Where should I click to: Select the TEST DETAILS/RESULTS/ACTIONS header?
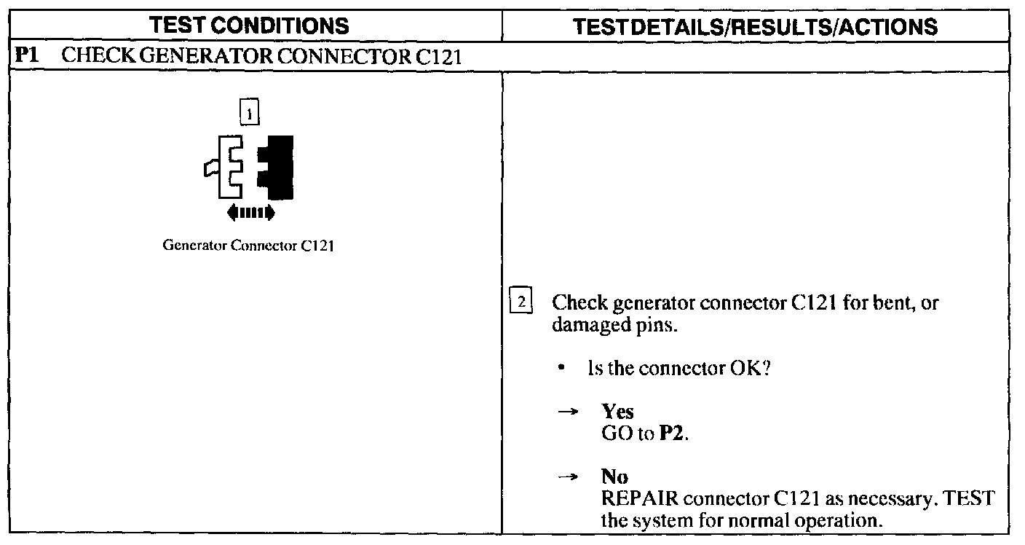tap(756, 27)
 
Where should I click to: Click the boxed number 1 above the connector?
tap(249, 114)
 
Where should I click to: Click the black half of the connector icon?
tap(280, 167)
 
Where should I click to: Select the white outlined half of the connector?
tap(229, 167)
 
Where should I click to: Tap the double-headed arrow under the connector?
tap(250, 213)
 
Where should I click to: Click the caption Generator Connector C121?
tap(248, 246)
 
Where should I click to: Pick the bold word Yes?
tap(617, 412)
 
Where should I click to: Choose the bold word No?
tap(614, 477)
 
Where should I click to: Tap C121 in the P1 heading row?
tap(439, 57)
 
